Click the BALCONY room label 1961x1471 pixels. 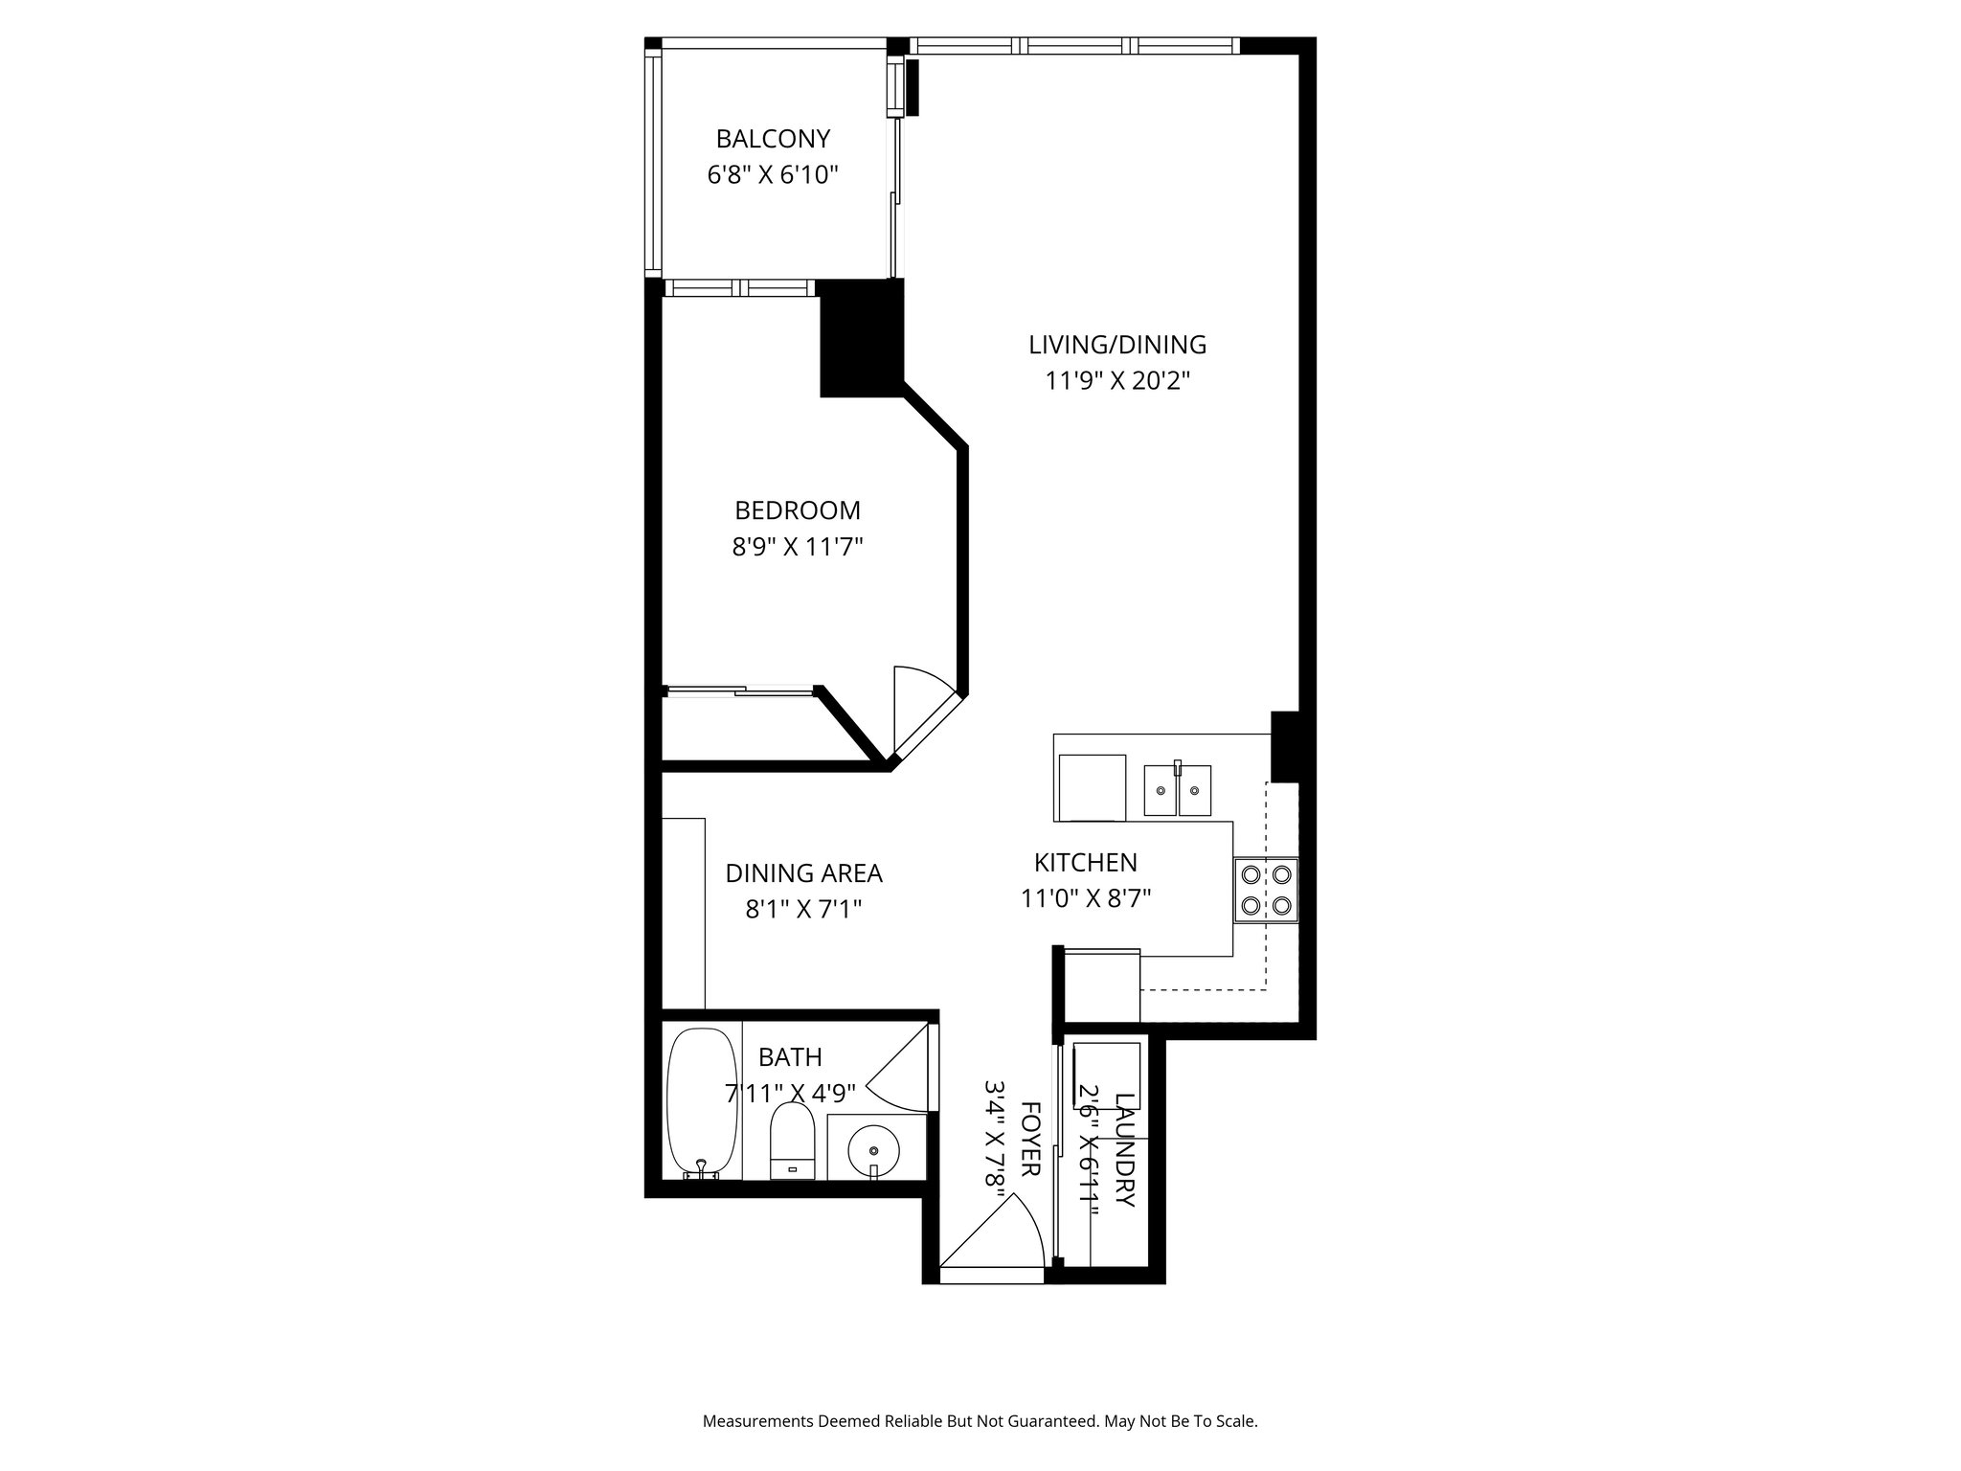pos(773,139)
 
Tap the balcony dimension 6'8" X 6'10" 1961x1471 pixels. pos(773,175)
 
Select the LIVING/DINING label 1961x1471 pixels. pos(1117,345)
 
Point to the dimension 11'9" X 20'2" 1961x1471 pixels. pos(1117,381)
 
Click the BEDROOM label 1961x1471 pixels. pos(798,510)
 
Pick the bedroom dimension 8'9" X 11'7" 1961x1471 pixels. pos(798,547)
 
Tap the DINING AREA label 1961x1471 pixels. pos(803,873)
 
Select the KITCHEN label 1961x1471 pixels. pos(1086,863)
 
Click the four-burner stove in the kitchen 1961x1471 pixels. pos(1266,890)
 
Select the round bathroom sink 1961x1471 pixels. pos(874,1146)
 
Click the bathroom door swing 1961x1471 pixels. pos(900,1068)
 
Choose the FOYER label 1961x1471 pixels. pos(1030,1140)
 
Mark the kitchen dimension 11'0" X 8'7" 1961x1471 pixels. pos(1086,898)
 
